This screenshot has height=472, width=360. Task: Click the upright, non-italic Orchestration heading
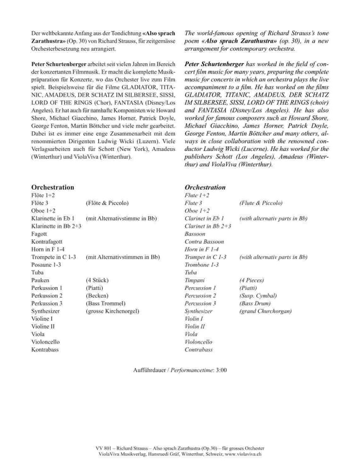tap(52, 187)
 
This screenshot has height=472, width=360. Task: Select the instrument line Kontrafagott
tap(46, 242)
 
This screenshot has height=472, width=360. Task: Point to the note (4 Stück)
tap(98, 280)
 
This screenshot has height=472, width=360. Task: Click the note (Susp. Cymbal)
tap(258, 296)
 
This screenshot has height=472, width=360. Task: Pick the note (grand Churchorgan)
tap(266, 312)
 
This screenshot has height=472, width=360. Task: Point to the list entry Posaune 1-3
tap(46, 265)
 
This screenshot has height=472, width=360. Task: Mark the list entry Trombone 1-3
tap(201, 265)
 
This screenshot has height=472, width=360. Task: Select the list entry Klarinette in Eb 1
tap(53, 219)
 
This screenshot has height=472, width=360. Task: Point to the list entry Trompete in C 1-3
tap(53, 257)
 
